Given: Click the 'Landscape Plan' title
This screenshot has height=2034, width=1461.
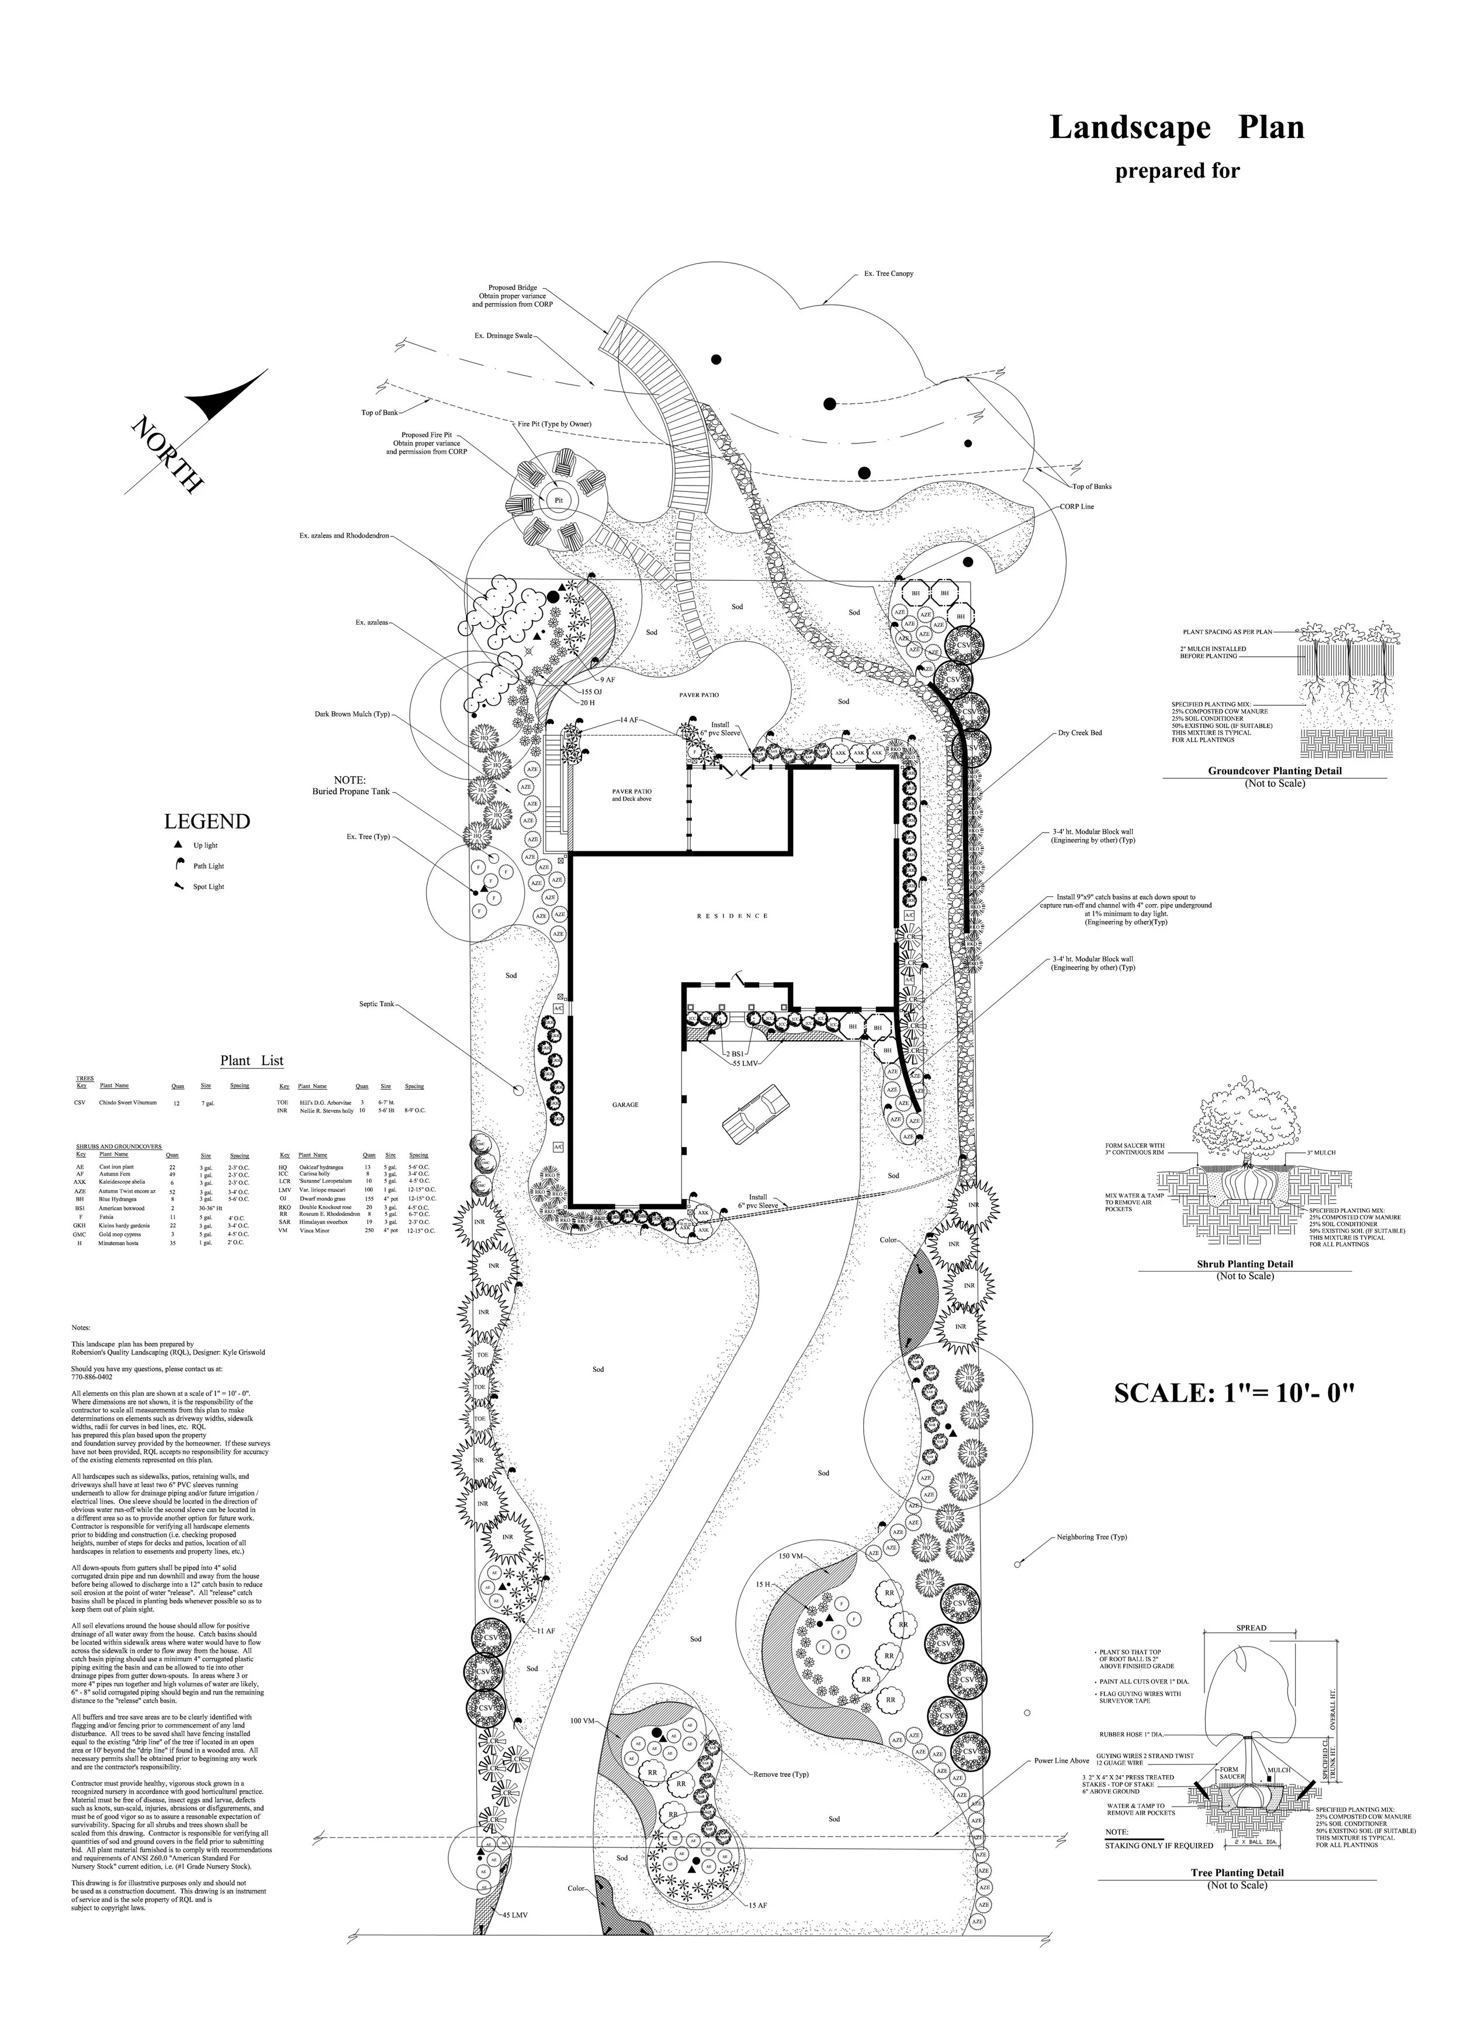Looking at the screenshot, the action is tap(1177, 128).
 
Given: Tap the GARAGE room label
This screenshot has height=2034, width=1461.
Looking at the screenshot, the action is tap(625, 1105).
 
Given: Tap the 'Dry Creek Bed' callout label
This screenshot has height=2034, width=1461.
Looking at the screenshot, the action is tap(1080, 733).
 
